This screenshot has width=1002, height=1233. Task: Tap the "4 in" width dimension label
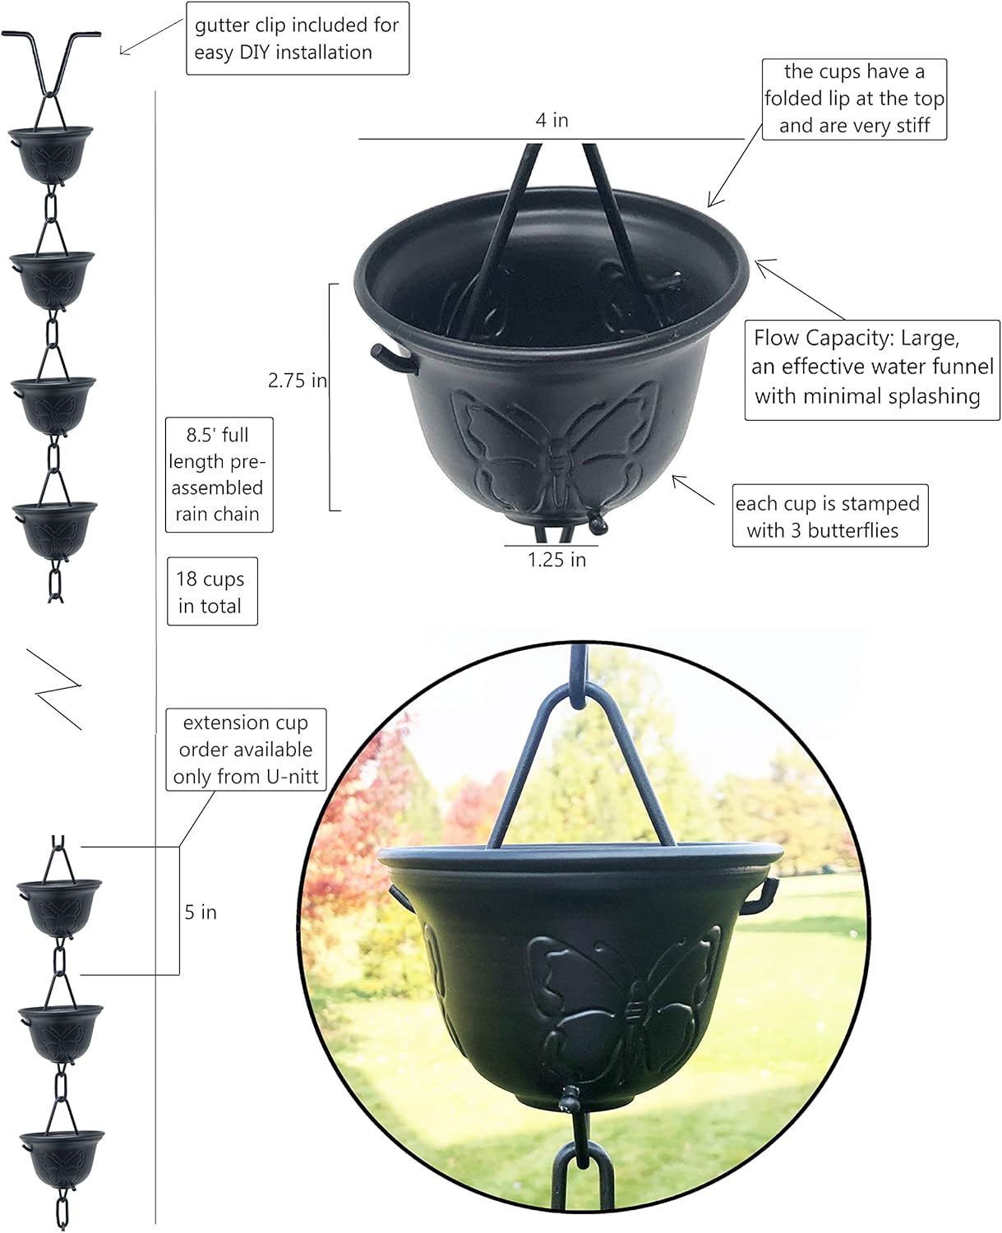pos(552,120)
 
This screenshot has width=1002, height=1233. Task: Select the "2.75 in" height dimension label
pos(297,381)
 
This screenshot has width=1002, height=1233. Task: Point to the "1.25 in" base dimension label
pos(556,560)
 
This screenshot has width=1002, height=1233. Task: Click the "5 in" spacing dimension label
pos(201,912)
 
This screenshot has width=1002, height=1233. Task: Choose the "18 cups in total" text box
pos(212,592)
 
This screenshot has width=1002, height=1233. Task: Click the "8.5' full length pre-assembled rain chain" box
pos(219,474)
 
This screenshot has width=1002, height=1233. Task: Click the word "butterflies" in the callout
pos(856,531)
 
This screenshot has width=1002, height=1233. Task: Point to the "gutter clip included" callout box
pos(297,39)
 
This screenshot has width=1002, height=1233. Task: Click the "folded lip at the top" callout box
pos(854,99)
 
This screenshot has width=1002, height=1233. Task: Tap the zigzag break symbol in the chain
pos(57,688)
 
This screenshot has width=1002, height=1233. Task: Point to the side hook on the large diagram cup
pos(390,357)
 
